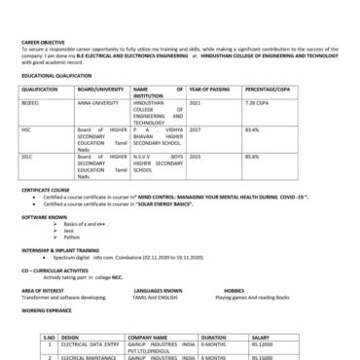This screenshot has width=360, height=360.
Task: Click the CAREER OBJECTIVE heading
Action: [x=41, y=42]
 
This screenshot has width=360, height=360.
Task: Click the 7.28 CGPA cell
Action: [x=257, y=101]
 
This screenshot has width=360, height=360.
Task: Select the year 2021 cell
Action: [x=195, y=101]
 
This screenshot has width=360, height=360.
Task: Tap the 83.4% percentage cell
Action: [x=252, y=127]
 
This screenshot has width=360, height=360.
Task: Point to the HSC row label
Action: [x=25, y=127]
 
